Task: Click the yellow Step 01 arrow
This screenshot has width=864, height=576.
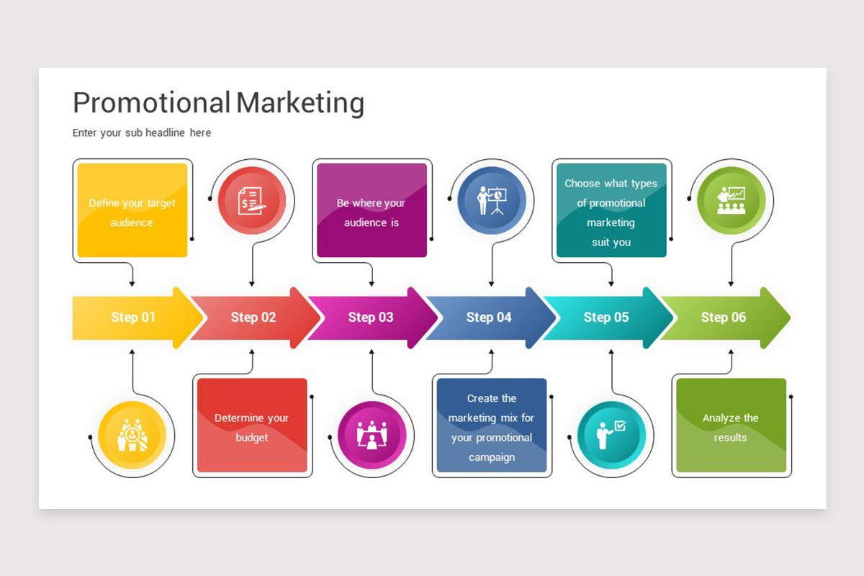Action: click(x=135, y=318)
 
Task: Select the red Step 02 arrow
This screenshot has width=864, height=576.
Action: click(x=255, y=318)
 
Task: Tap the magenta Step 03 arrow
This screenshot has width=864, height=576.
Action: click(x=372, y=318)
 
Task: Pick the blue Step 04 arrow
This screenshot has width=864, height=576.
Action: click(x=490, y=318)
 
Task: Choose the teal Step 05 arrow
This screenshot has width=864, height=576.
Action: click(x=608, y=318)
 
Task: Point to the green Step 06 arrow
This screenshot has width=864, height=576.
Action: click(x=725, y=318)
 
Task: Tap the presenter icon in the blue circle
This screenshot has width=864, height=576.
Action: click(x=492, y=201)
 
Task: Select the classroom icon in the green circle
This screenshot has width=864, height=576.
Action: click(x=732, y=201)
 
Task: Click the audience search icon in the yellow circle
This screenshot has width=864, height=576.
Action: click(x=132, y=435)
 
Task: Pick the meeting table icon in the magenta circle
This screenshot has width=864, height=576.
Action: click(x=372, y=435)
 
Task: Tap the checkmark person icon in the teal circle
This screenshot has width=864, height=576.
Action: click(x=611, y=435)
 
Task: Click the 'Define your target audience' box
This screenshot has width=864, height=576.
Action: click(x=132, y=210)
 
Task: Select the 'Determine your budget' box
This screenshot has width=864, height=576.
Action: click(x=252, y=425)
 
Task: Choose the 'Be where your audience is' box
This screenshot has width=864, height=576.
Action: click(x=372, y=210)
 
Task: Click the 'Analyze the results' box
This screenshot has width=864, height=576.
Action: click(x=732, y=425)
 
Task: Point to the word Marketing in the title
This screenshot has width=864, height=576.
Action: click(x=300, y=104)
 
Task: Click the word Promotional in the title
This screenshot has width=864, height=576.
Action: click(x=152, y=103)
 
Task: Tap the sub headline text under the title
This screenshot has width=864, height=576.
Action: click(x=142, y=132)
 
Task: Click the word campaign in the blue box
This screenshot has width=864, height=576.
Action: click(x=492, y=457)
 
